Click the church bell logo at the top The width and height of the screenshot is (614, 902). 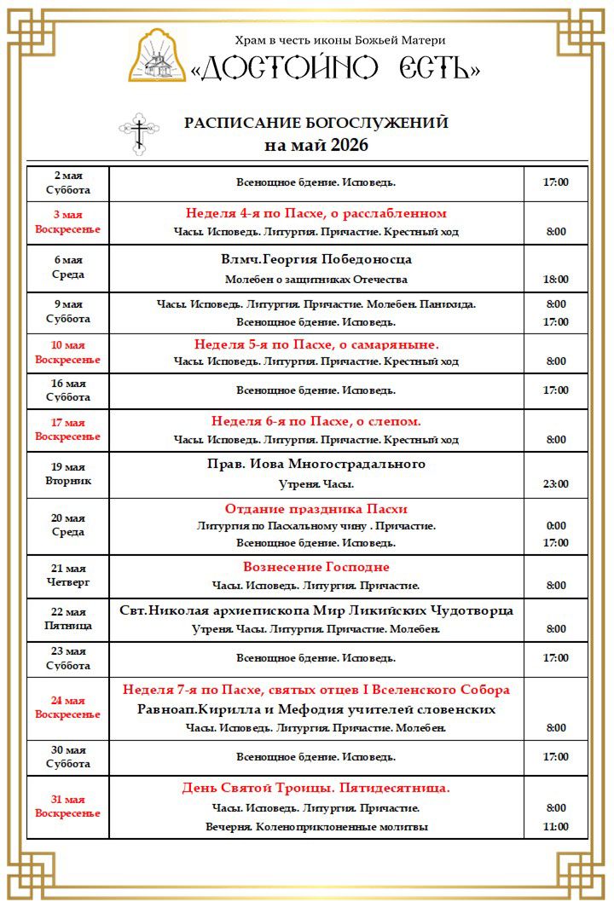point(157,56)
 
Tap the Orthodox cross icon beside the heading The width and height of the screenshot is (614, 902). point(138,133)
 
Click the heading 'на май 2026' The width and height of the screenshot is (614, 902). point(316,145)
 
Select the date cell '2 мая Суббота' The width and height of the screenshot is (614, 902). point(68,183)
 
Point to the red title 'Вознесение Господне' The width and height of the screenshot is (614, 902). point(316,567)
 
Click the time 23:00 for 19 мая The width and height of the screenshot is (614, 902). point(556,483)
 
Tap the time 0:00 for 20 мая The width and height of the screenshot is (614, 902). point(556,526)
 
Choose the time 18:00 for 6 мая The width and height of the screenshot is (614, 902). point(556,279)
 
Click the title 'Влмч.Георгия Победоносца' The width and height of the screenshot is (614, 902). point(316,259)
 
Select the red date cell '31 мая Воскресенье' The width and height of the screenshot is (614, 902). point(68,807)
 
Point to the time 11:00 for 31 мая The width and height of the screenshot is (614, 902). point(556,826)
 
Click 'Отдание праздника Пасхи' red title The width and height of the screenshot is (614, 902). point(316,509)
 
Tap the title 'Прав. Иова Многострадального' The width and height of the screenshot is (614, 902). point(316,464)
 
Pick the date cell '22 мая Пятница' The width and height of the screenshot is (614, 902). point(68,619)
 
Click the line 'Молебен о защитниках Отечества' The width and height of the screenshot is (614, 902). point(316,279)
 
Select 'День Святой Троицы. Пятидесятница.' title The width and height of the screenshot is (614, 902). point(316,788)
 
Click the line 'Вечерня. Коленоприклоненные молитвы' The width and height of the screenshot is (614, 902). point(316,826)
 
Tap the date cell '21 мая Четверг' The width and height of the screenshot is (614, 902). point(68,575)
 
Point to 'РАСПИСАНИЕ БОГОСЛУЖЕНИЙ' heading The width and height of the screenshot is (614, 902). point(316,123)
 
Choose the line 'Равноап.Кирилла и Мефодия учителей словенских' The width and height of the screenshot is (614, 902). point(316,709)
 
